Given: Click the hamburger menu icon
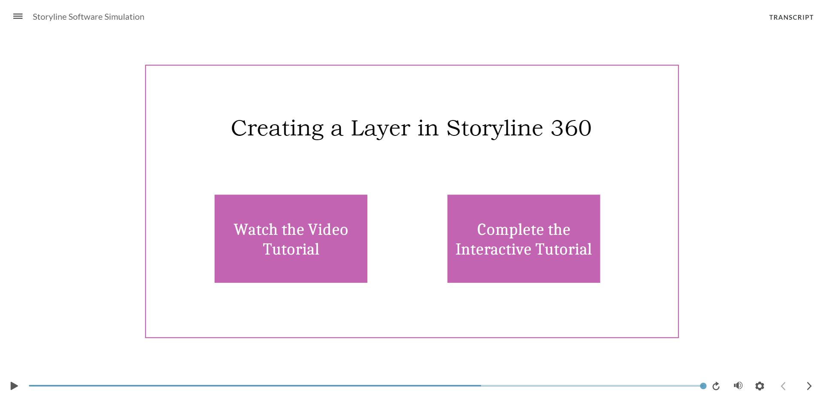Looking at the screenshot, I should [x=18, y=16].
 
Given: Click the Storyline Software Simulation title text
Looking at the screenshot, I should [x=88, y=17].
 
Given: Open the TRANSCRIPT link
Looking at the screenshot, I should [x=791, y=17].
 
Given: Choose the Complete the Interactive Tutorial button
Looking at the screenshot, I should [x=524, y=239].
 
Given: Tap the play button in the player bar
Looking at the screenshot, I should [x=14, y=386].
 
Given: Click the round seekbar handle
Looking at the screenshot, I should [x=703, y=386].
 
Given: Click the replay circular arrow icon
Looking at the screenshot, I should [x=716, y=386].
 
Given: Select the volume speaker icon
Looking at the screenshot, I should [x=738, y=386].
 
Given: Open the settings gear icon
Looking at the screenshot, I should [x=760, y=386].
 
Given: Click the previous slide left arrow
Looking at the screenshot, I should [x=783, y=386].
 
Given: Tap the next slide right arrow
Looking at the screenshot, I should [x=809, y=386].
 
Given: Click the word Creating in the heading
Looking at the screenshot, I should [x=277, y=128].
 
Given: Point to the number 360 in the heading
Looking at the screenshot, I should [x=571, y=128].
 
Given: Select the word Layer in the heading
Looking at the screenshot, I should [x=380, y=128].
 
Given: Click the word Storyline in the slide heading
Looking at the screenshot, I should [x=494, y=128].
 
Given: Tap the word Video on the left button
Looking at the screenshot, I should [x=328, y=230].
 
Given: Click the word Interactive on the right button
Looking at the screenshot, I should [x=493, y=249].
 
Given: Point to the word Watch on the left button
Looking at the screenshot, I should [x=255, y=230].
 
